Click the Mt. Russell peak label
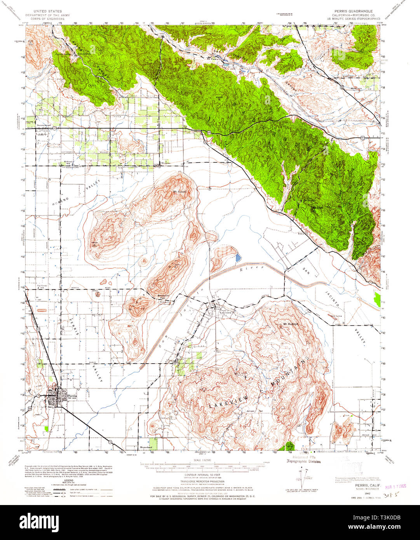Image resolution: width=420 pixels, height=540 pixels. click(180, 192)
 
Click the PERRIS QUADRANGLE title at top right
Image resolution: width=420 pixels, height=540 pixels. click(350, 11)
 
